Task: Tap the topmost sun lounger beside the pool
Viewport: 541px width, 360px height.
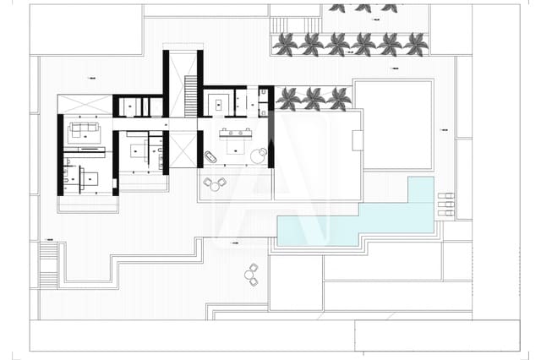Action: [445, 195]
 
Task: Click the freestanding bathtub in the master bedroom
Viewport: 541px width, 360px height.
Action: [208, 158]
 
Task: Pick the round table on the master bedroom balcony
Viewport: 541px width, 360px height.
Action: [216, 183]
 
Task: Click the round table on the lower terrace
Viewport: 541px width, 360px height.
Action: [251, 272]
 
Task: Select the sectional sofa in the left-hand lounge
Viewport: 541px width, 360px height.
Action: [85, 130]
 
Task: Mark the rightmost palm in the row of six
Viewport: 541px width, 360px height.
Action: [415, 43]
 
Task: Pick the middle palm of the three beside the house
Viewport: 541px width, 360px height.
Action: [314, 98]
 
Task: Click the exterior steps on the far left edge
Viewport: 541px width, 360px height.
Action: [49, 262]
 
